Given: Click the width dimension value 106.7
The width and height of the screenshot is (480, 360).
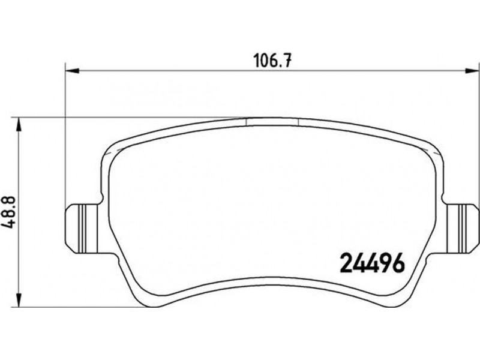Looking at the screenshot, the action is [x=272, y=61].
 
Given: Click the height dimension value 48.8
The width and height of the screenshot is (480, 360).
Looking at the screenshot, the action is [x=9, y=213].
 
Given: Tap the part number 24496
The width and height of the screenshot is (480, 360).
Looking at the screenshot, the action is [x=373, y=263].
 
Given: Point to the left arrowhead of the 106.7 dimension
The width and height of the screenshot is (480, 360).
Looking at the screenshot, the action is [x=73, y=71].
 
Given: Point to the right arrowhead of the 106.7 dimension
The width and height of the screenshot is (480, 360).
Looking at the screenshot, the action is [x=472, y=71].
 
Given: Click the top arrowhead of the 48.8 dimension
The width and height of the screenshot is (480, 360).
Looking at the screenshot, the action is [x=19, y=125].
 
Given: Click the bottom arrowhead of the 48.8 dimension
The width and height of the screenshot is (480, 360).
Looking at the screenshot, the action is [x=19, y=300].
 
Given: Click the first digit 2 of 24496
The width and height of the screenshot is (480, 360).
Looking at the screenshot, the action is [x=347, y=263].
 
